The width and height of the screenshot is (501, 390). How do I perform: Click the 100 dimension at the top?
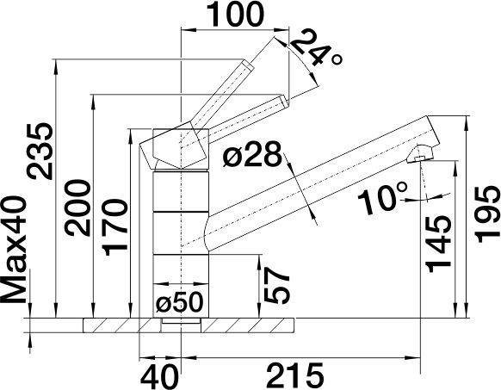click(x=236, y=14)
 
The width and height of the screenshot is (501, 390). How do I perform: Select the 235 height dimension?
click(x=40, y=151)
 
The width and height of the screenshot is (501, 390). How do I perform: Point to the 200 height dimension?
click(x=77, y=208)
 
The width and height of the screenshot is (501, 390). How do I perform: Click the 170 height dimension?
click(x=115, y=227)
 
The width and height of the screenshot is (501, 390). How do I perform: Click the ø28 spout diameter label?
click(x=253, y=155)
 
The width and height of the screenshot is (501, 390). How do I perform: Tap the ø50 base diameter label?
click(x=180, y=302)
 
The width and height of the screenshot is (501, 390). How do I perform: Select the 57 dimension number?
click(x=276, y=285)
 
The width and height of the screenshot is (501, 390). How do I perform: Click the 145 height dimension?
click(x=438, y=244)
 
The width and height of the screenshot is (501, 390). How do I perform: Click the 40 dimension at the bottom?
click(x=159, y=375)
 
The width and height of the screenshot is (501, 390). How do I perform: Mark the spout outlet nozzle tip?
click(x=419, y=159)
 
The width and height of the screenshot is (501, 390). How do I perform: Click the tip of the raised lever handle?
click(x=248, y=64)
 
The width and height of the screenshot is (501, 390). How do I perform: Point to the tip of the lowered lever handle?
click(x=284, y=101)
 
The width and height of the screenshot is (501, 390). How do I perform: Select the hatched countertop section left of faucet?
click(x=121, y=325)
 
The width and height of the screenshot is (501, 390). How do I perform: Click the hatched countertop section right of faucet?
click(x=247, y=325)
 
